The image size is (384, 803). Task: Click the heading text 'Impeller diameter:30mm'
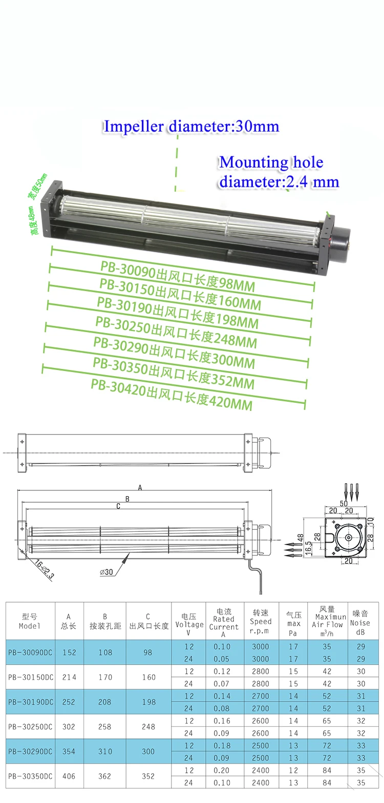pos(191,127)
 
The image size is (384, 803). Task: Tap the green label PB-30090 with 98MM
pos(178,276)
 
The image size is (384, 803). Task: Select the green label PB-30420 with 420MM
pos(172,395)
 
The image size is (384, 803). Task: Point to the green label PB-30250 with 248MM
pos(176,332)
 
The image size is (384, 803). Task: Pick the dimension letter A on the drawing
pos(140,487)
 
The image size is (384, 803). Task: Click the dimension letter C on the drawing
pos(118,506)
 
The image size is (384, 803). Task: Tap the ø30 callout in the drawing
pos(106,572)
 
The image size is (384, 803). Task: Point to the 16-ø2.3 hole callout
pos(44,569)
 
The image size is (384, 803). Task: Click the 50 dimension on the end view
pos(344,503)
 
